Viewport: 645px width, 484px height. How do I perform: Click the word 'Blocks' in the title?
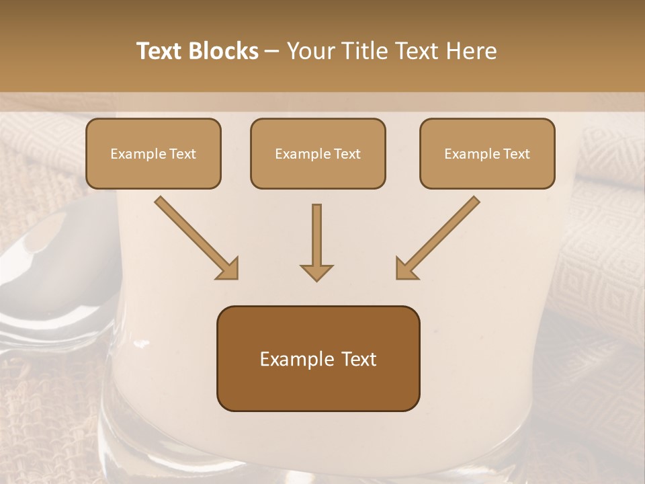pos(224,51)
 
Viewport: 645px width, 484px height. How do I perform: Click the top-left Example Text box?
pos(153,153)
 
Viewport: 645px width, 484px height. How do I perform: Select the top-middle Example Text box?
pos(318,153)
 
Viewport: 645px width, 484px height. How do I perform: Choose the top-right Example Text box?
pos(487,153)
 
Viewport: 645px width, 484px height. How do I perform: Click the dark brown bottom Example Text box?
pos(318,358)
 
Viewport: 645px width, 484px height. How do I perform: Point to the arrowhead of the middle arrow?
pos(316,272)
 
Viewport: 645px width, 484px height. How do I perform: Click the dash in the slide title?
pos(272,52)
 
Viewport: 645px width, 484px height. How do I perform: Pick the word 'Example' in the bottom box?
pos(291,359)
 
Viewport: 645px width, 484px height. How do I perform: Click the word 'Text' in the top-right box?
pos(516,154)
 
